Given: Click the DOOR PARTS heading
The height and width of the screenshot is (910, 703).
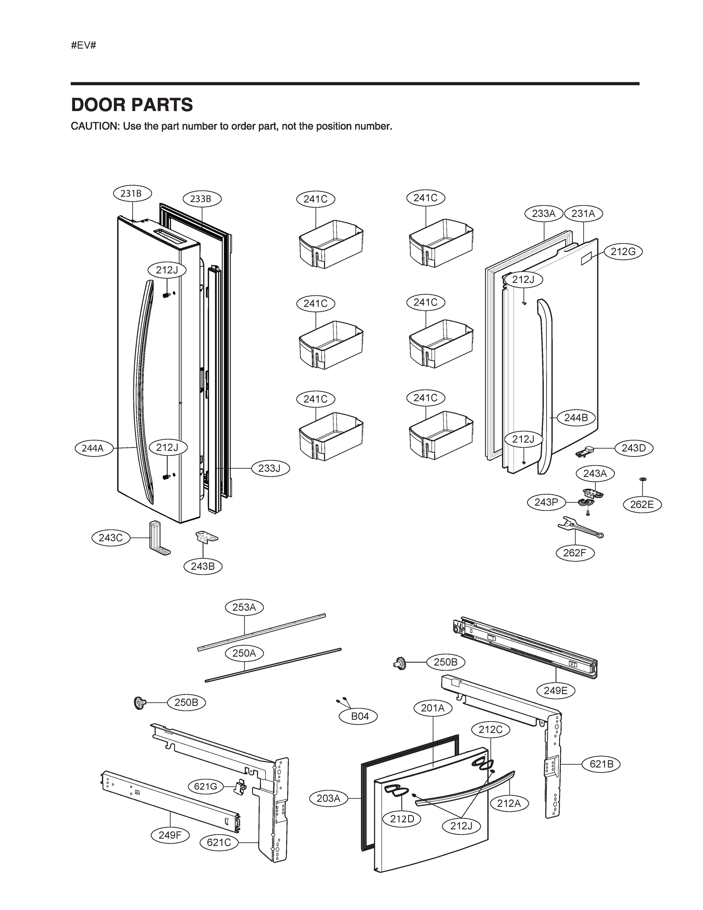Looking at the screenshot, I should (x=132, y=105).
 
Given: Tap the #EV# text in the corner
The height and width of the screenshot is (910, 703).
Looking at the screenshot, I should (x=83, y=45).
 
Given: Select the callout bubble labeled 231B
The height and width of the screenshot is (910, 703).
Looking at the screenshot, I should (x=132, y=193).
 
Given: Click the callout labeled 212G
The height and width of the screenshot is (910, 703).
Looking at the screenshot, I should (x=623, y=252).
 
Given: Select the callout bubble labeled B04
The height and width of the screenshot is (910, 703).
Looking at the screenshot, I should (x=359, y=716).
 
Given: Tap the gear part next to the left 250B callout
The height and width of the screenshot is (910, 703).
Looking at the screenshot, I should (x=139, y=703).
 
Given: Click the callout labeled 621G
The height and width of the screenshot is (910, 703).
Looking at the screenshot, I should (x=206, y=786).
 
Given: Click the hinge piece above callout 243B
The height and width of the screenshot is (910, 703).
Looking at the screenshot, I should (x=206, y=537).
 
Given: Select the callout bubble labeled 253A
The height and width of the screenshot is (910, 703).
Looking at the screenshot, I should (x=244, y=607).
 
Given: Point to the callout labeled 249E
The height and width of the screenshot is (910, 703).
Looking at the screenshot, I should (x=556, y=690).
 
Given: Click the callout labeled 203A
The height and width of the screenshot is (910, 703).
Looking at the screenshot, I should (x=329, y=798).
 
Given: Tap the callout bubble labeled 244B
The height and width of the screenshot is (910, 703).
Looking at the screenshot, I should (x=576, y=417).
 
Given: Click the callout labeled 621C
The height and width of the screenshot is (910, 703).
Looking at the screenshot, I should (x=219, y=842).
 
